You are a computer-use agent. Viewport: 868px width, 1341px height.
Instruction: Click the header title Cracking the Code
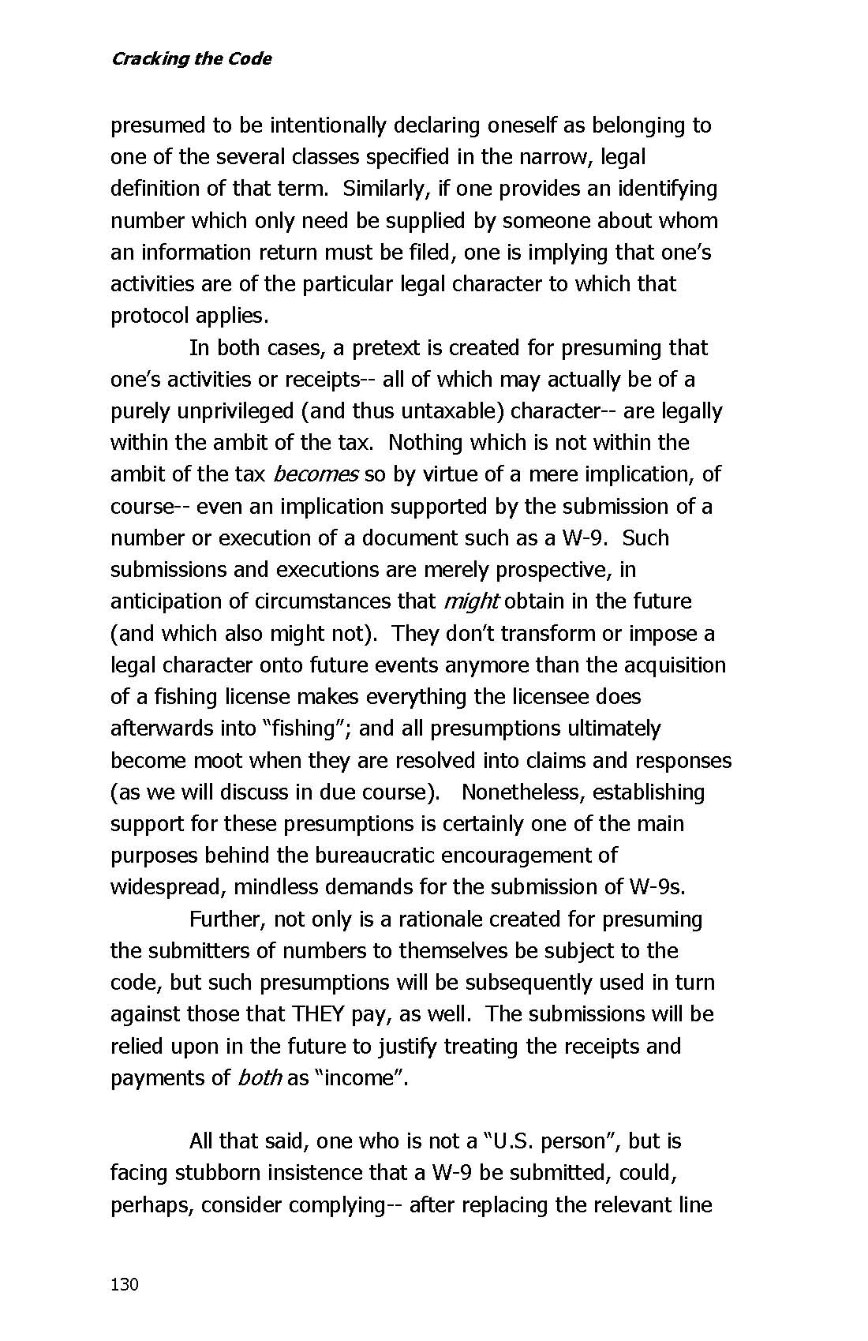click(191, 59)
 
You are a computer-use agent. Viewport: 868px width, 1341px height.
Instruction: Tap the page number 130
click(125, 1284)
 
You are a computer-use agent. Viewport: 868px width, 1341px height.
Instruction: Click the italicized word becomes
click(316, 474)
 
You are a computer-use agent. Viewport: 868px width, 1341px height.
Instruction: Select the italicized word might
click(471, 601)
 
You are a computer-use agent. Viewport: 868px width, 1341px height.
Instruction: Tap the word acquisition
click(675, 665)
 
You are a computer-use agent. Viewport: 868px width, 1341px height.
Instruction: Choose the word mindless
click(283, 887)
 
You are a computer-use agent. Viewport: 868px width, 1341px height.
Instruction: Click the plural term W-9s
click(657, 887)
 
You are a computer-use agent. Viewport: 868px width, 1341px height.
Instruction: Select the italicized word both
click(259, 1077)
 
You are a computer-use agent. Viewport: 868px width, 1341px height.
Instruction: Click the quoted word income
click(360, 1077)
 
